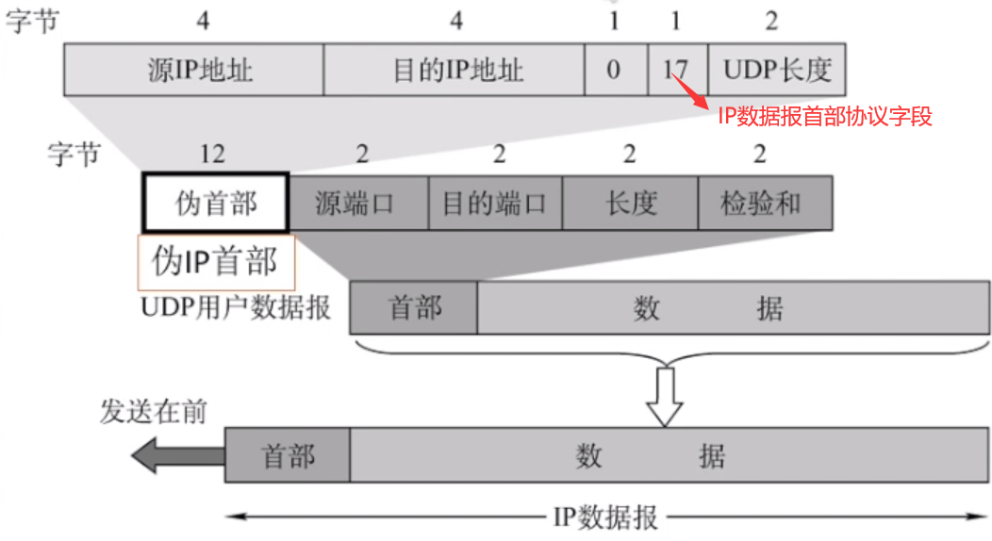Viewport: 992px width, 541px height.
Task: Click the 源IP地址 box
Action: [x=193, y=70]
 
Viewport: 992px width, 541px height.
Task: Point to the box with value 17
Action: [x=676, y=70]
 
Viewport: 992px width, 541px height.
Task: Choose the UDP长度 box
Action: [x=777, y=70]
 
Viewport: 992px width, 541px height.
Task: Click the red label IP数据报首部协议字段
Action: [x=822, y=117]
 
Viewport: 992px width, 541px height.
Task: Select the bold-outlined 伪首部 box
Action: [x=216, y=203]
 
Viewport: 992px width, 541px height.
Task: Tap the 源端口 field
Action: [x=358, y=203]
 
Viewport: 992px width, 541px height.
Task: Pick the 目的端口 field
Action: [x=495, y=203]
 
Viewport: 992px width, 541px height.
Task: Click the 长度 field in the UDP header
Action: [x=630, y=203]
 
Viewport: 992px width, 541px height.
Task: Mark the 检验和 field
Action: [x=765, y=203]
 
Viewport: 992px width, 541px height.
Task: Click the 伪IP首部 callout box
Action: [x=216, y=262]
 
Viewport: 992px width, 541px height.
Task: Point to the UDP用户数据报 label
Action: [x=236, y=308]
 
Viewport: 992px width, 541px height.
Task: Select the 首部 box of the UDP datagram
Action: [x=413, y=308]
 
